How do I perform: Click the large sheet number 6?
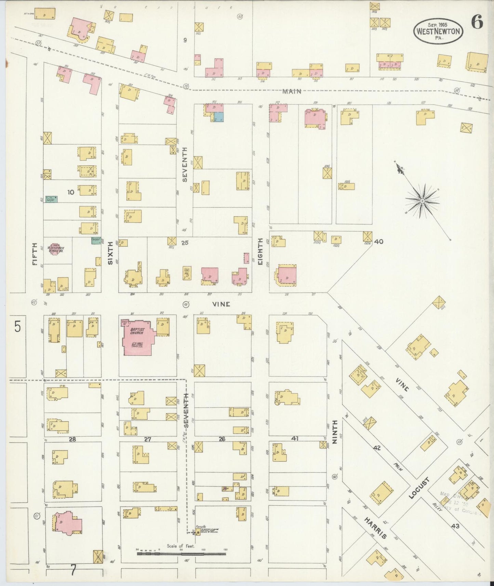pos(477,23)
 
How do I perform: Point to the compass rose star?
pos(422,201)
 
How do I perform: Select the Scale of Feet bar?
pos(181,553)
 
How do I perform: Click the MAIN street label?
pos(292,91)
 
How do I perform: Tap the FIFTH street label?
pos(35,254)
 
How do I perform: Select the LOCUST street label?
pos(418,488)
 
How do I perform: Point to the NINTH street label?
pos(334,432)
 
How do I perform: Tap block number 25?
pos(185,243)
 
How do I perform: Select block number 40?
pos(378,242)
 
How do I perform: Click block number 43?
pos(455,526)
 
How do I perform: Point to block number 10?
pos(71,192)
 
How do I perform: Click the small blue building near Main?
pos(218,117)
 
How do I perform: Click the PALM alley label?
pos(398,467)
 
